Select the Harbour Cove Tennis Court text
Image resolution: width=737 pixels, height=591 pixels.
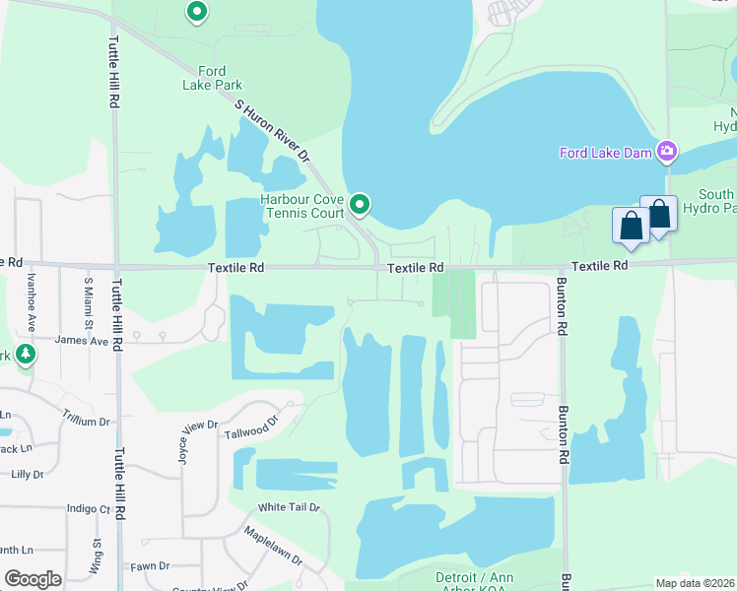[302, 206]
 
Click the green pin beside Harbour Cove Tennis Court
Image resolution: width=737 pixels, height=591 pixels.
[361, 204]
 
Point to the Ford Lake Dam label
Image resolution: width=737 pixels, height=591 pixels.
[606, 153]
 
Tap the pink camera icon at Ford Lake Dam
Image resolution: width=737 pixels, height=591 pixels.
[667, 151]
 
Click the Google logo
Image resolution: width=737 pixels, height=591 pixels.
[33, 579]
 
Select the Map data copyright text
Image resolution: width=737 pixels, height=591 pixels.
[695, 583]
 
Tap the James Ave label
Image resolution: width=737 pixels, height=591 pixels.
[82, 340]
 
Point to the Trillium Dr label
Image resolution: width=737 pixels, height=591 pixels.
[86, 421]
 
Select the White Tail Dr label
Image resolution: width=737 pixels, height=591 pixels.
[289, 507]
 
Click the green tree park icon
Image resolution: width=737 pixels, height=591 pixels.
[25, 354]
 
